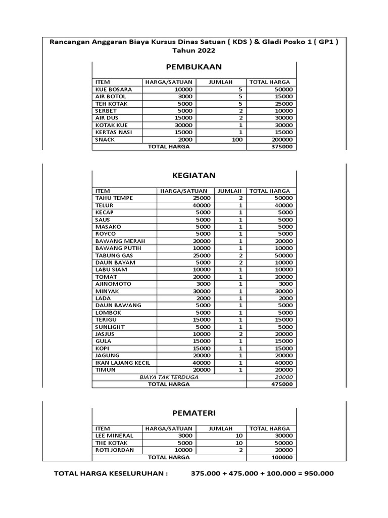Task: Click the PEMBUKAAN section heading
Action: [x=193, y=67]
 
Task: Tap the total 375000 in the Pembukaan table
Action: [x=282, y=147]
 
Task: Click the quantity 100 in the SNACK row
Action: [x=237, y=140]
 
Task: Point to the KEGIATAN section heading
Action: [x=193, y=176]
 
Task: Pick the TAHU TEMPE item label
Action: [x=114, y=198]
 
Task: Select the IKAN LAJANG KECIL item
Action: [x=122, y=363]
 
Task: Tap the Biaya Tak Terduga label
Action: [x=169, y=377]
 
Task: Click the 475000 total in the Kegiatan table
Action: [x=282, y=384]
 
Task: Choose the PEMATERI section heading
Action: [x=193, y=414]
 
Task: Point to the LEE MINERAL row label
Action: [x=114, y=436]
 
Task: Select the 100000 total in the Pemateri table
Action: [x=282, y=457]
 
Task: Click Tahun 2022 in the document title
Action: [x=193, y=51]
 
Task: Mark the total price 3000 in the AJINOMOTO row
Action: [x=286, y=284]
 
